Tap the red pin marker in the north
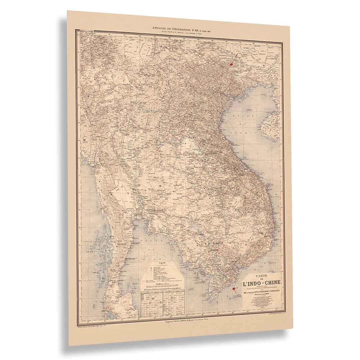click(232, 62)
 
